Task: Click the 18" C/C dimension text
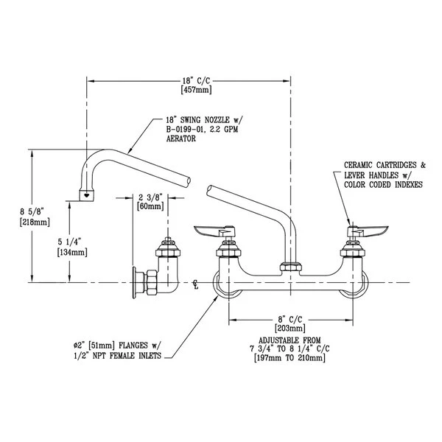pos(191,80)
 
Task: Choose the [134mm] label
pos(71,252)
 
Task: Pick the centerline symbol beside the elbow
pos(195,283)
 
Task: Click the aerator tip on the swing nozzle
pos(88,196)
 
